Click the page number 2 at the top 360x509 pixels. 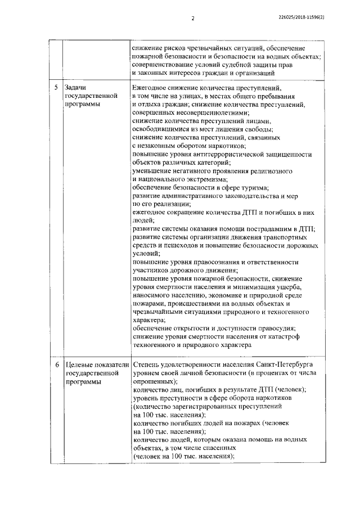tap(193, 18)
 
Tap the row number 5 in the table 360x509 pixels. tap(55, 89)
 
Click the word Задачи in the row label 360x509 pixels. tap(76, 89)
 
